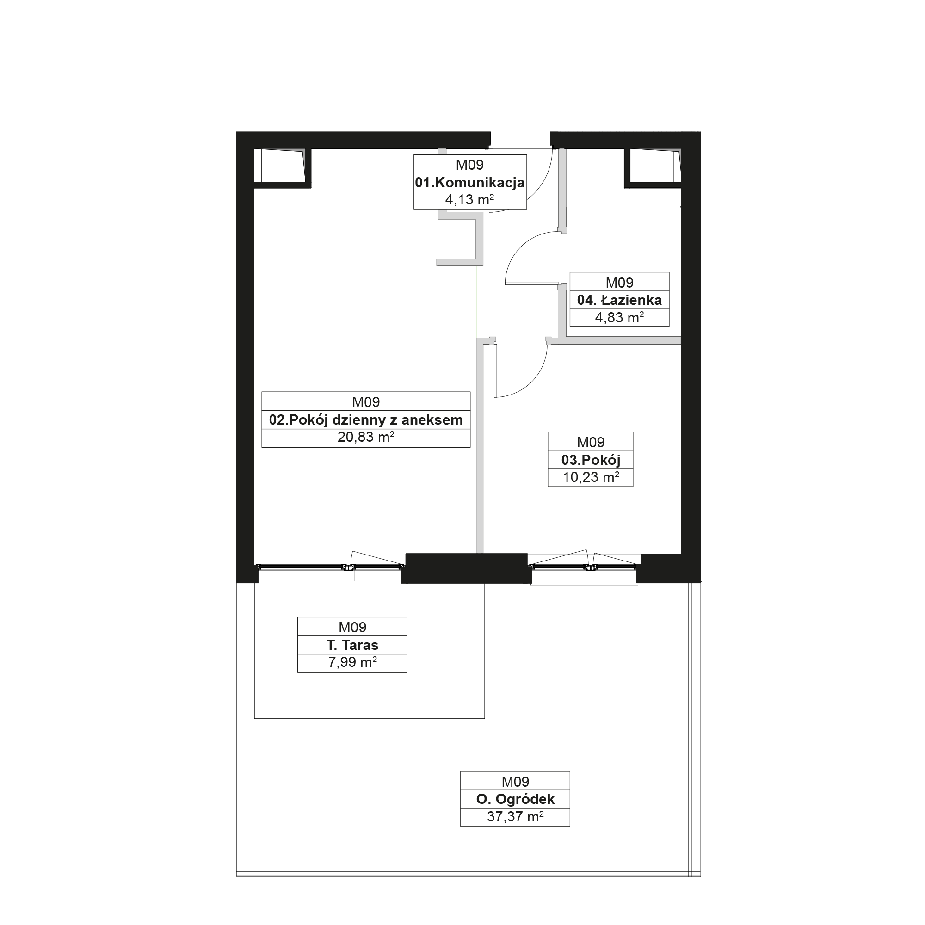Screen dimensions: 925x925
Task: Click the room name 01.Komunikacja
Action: point(470,182)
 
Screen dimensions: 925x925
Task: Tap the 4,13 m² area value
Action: point(470,200)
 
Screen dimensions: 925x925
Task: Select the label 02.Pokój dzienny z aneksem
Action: point(366,420)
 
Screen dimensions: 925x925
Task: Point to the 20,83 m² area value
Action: point(366,437)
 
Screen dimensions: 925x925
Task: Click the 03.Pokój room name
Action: point(590,460)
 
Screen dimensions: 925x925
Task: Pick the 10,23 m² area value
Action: point(590,477)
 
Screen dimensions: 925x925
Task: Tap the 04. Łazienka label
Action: point(619,300)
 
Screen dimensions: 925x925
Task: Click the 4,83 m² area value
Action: point(619,317)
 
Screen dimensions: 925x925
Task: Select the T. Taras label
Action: point(352,645)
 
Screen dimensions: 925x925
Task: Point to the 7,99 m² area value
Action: point(352,662)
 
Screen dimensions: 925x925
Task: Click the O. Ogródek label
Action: point(515,799)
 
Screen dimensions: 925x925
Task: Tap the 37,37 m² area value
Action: point(515,816)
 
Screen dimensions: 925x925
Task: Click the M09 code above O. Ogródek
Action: point(515,782)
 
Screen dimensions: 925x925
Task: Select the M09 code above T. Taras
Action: point(352,627)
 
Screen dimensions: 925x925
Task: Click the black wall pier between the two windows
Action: point(466,568)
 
